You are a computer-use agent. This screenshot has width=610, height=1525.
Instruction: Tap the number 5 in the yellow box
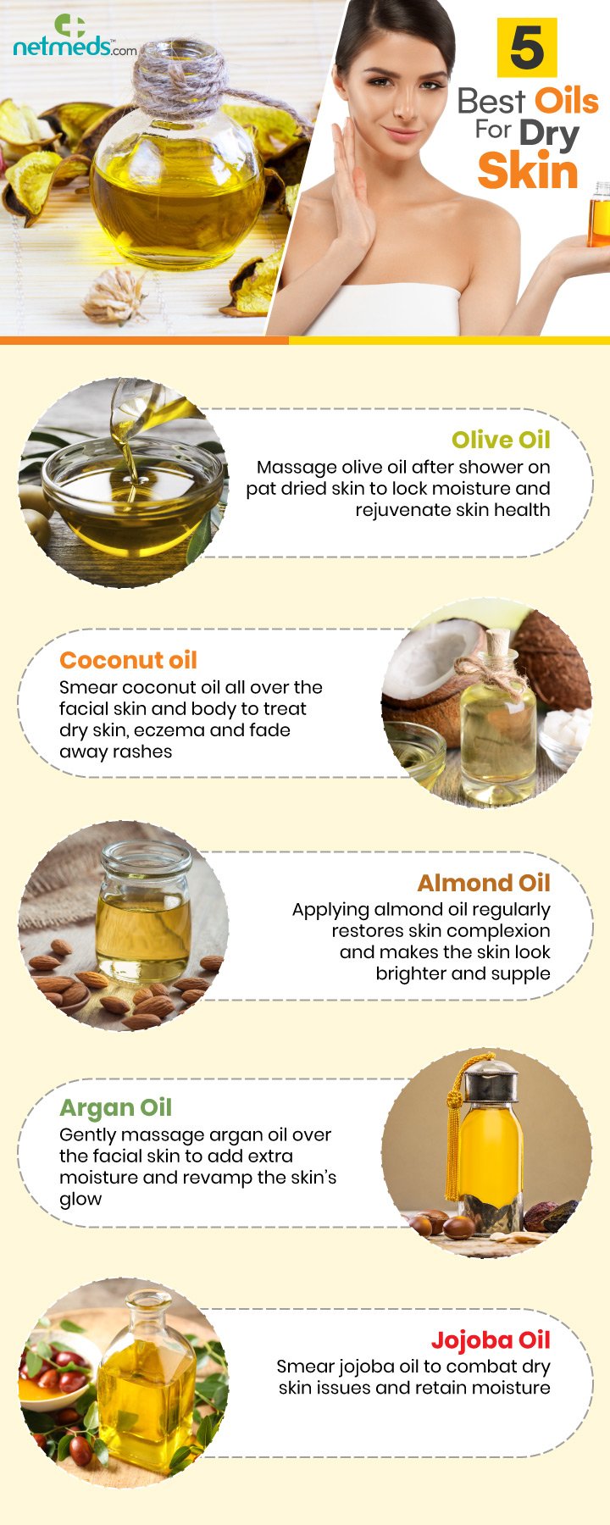coord(527,48)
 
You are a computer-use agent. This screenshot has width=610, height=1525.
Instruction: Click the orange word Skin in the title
coord(527,172)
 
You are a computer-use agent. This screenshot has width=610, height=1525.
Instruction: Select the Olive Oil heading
coord(501,440)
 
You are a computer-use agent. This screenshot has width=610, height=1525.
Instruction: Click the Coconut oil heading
coord(128,660)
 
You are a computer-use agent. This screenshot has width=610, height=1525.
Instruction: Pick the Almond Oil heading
coord(484,883)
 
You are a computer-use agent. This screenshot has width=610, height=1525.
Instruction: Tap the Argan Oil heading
coord(115,1107)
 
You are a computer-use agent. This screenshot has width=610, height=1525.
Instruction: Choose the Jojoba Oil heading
coord(491,1339)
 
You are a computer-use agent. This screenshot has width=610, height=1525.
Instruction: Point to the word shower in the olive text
coord(491,467)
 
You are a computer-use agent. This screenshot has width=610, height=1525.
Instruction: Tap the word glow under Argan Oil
coord(80,1200)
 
